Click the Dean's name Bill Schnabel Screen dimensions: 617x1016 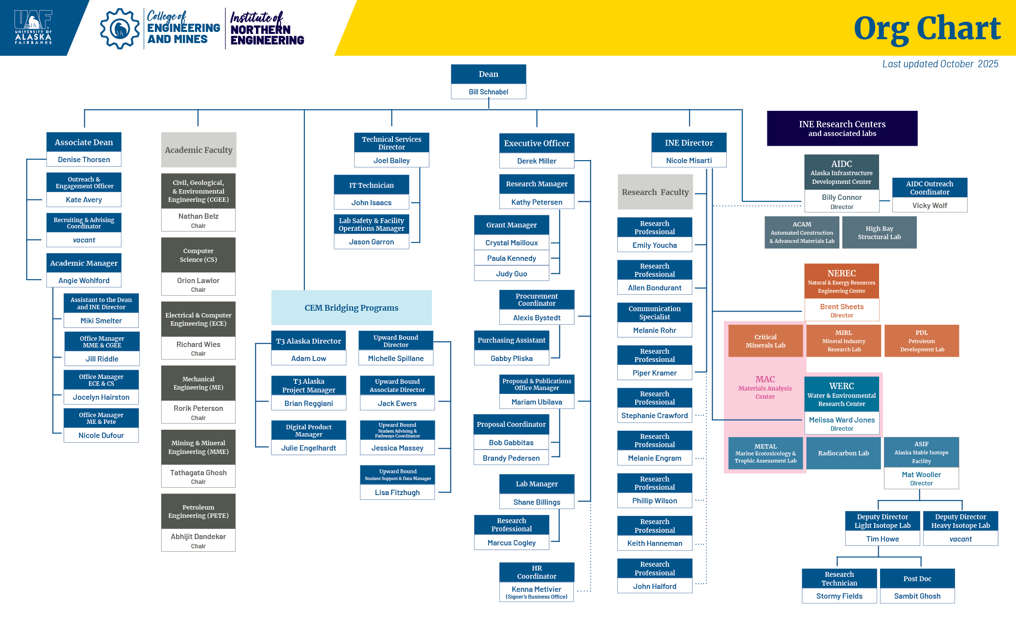488,92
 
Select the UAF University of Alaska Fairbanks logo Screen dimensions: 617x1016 33,28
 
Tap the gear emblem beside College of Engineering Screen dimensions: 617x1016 120,29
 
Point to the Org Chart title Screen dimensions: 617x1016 927,29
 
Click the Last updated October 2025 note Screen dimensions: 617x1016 940,64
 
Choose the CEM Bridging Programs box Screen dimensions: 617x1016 351,308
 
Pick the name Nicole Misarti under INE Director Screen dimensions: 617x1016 689,161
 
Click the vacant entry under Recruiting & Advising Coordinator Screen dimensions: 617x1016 84,240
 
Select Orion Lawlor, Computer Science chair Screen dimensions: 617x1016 198,281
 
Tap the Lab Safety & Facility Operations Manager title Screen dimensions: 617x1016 372,224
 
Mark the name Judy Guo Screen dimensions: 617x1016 511,274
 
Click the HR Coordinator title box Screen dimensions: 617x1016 537,572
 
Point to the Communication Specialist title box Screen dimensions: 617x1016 655,313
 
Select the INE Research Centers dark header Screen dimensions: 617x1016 842,128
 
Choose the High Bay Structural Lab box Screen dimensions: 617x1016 879,233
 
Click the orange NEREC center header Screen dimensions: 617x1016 841,281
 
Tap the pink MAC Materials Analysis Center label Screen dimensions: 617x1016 765,387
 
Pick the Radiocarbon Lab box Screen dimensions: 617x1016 843,453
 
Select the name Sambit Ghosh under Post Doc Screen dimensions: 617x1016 917,596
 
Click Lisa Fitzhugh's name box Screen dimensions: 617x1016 397,493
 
